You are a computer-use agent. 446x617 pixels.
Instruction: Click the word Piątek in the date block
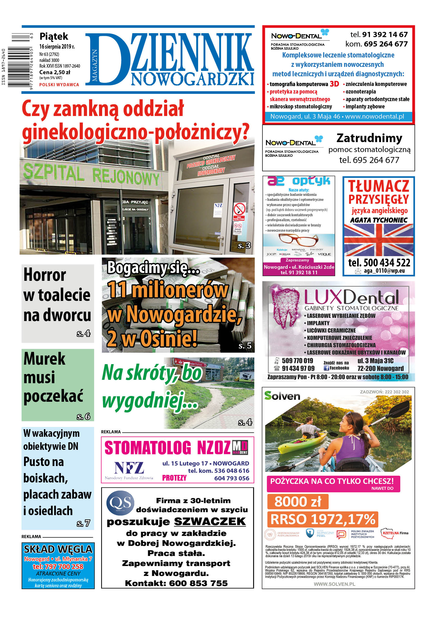point(54,36)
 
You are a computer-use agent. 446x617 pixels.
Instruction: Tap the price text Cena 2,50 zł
point(55,72)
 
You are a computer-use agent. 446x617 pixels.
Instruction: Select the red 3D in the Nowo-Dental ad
point(334,84)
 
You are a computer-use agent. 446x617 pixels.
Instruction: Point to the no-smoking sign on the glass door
point(239,210)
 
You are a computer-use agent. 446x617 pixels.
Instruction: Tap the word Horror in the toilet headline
point(45,275)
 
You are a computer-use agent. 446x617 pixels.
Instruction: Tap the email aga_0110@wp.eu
point(384,271)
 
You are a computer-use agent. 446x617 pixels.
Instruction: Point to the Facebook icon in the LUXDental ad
point(326,368)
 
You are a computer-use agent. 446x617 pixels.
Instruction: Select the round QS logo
point(120,503)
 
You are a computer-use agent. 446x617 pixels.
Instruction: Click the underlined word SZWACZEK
point(210,521)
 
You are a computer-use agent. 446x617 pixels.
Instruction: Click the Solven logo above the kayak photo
point(282,395)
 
